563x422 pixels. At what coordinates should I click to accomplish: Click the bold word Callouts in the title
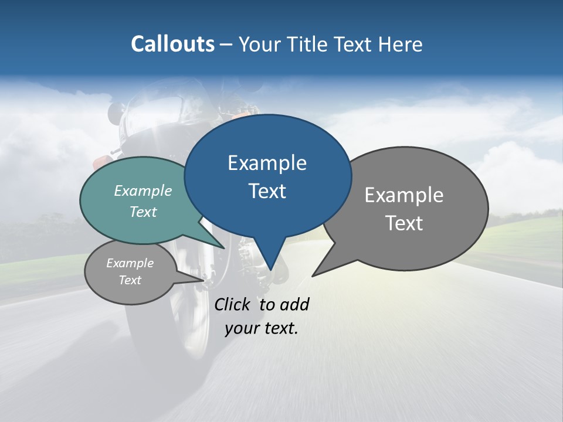172,44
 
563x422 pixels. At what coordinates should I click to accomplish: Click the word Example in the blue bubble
267,163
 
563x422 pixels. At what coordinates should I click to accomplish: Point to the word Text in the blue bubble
267,191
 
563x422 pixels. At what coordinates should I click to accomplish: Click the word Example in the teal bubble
143,190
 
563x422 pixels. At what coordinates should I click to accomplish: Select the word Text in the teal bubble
143,212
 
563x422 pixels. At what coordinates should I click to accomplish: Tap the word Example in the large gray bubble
404,195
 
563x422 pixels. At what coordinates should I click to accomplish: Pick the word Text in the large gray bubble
404,223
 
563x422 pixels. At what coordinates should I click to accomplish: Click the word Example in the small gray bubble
130,263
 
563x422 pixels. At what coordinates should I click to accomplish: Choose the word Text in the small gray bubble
130,280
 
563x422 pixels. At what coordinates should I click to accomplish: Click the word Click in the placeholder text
233,304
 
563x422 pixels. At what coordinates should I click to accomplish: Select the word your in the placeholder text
242,328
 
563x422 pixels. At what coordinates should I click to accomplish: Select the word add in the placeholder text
294,304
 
